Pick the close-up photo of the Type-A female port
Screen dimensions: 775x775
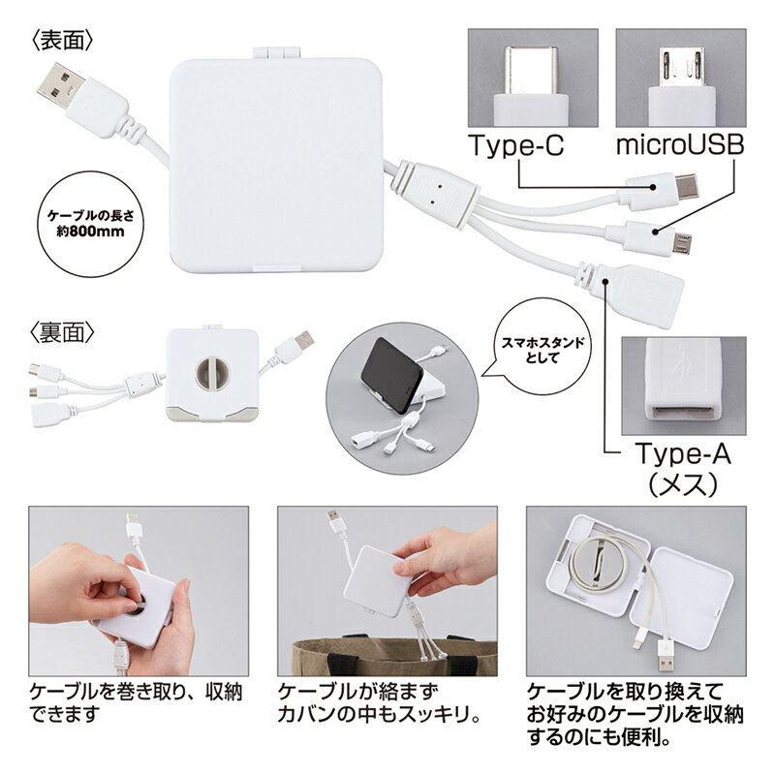point(683,382)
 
